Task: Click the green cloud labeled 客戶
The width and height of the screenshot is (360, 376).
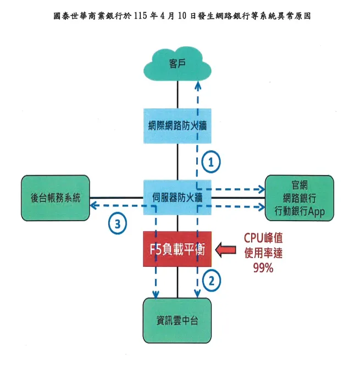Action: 176,65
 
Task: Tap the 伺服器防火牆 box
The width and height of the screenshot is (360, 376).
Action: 176,197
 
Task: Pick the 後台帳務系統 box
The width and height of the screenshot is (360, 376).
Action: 55,197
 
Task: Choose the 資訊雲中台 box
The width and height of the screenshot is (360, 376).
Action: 176,321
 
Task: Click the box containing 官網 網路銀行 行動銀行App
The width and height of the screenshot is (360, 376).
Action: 299,198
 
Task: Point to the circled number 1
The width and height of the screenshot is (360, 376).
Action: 211,161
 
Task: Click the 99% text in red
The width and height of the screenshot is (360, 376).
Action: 263,268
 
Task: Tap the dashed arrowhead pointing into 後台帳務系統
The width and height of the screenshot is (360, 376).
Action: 94,206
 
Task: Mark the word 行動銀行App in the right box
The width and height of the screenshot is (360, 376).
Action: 299,210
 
